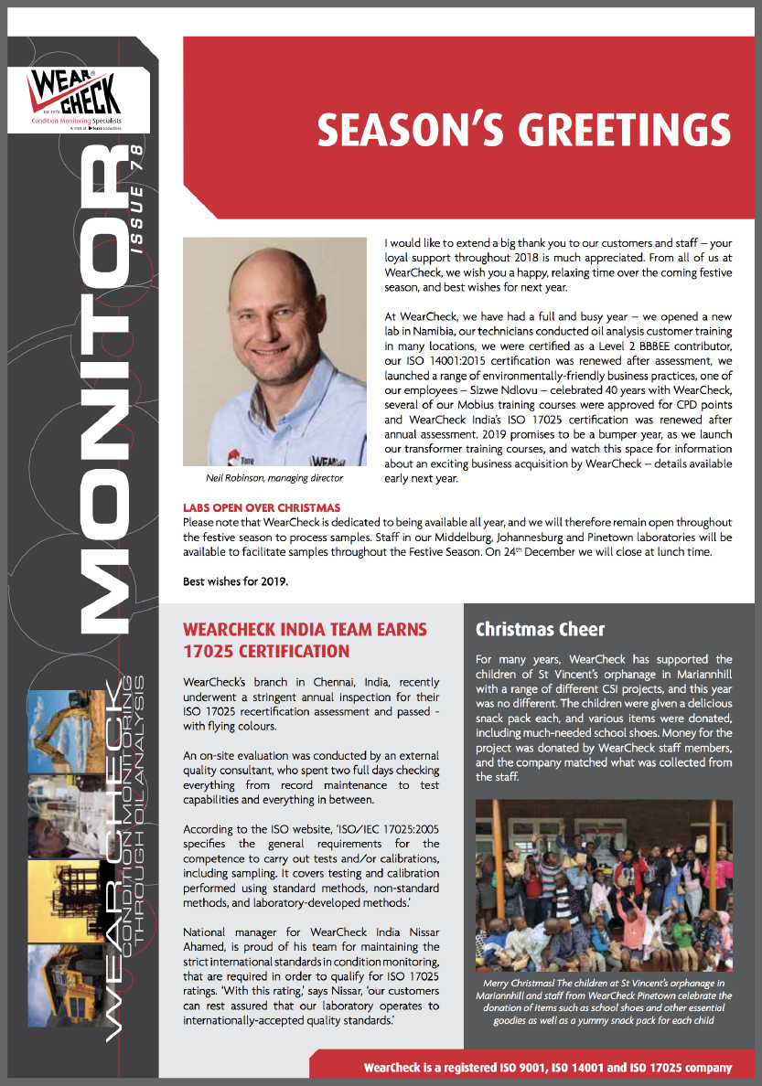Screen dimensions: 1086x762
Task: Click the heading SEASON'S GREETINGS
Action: pos(523,130)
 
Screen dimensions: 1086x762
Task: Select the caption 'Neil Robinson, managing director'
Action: pos(274,478)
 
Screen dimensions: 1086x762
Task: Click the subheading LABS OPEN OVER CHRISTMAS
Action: pos(262,507)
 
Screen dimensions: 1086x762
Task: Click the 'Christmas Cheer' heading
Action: pos(540,630)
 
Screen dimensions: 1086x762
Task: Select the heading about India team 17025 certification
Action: pos(305,641)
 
